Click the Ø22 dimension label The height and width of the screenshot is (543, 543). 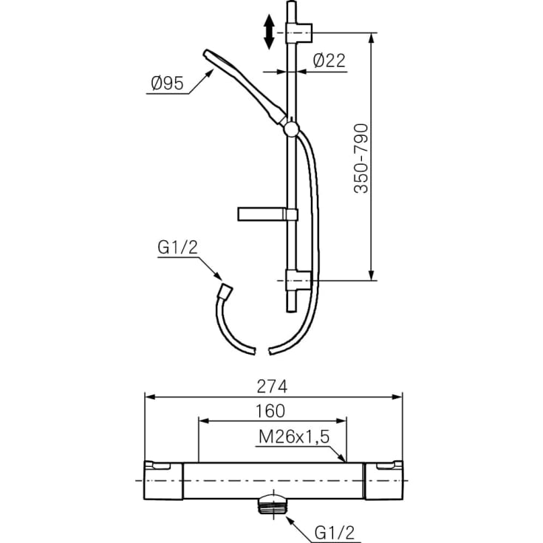tap(329, 61)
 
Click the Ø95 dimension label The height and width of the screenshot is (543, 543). tap(168, 83)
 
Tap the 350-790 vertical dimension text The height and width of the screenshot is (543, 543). tap(361, 158)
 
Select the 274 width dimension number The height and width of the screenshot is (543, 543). tap(272, 386)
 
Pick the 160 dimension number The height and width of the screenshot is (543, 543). tap(270, 411)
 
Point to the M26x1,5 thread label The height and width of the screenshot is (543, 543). tap(294, 437)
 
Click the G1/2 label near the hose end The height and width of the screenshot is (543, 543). tap(177, 247)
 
